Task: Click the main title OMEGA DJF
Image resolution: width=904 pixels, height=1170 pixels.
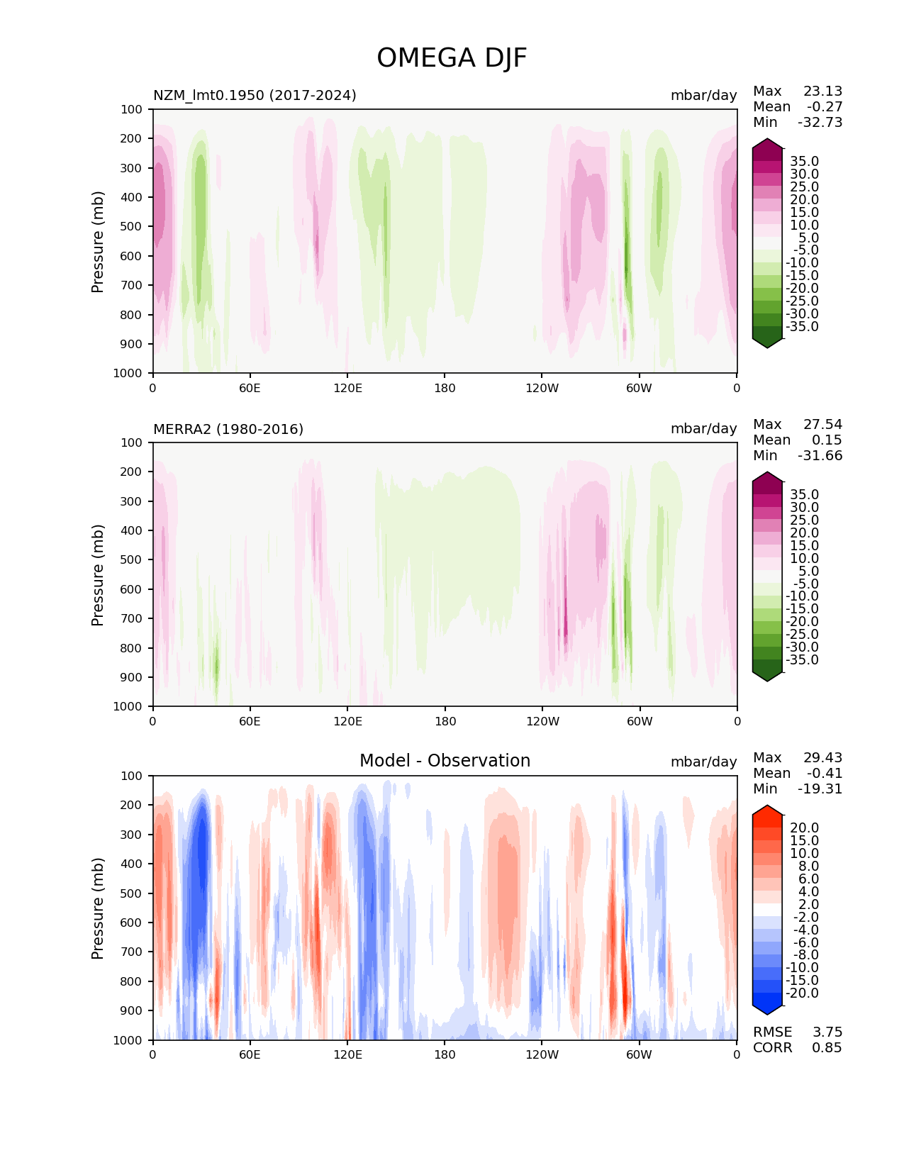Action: pos(452,58)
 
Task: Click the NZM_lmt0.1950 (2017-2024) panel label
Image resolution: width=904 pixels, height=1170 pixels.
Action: pos(255,95)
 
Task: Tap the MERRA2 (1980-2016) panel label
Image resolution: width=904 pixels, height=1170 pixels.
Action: pos(228,429)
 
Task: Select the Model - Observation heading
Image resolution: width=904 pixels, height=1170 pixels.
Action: pos(445,761)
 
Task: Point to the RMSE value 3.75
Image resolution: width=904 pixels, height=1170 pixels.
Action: pos(827,1032)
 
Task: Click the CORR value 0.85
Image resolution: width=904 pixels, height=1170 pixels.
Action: pos(827,1048)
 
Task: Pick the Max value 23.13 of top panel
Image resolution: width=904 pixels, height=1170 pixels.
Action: pos(822,91)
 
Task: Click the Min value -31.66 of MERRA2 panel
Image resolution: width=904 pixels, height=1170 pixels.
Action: pos(820,456)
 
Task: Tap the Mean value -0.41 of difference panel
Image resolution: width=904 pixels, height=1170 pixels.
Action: pos(825,774)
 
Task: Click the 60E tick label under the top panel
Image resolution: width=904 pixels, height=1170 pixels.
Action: pos(250,388)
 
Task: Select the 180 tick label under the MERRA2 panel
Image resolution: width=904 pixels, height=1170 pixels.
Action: pos(445,721)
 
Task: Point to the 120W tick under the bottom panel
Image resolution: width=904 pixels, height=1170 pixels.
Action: pos(542,1054)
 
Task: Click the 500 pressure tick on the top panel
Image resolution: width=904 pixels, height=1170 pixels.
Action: pos(133,226)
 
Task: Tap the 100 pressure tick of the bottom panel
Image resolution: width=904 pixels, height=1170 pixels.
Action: pos(133,776)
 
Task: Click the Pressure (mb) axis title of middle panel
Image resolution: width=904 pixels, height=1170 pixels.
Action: pos(98,574)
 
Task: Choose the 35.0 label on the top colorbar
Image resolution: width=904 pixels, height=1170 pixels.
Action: pos(804,162)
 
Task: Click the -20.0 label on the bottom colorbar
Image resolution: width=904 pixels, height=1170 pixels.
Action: pos(802,993)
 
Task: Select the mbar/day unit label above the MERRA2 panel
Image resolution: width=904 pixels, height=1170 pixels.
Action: pos(703,429)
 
